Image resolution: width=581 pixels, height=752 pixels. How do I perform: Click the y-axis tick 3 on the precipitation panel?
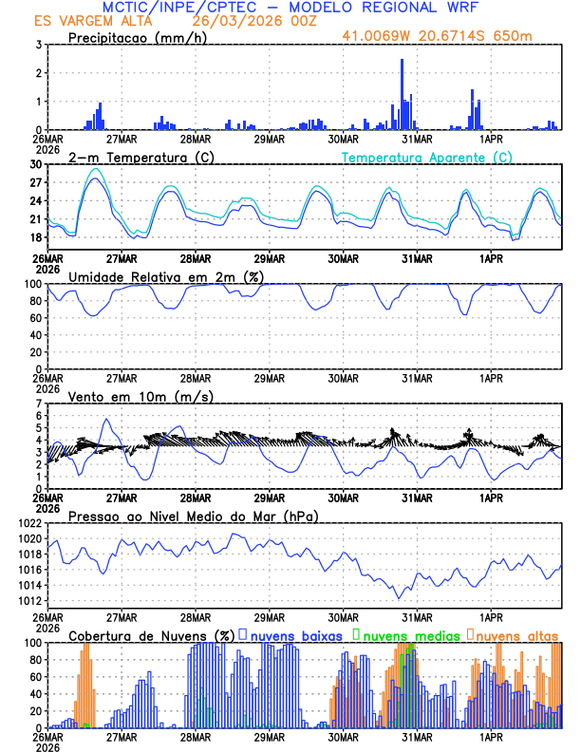[x=39, y=45]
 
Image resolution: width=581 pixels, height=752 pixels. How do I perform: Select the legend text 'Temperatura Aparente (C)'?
[x=426, y=157]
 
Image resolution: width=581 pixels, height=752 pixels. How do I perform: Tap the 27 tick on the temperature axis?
[x=37, y=182]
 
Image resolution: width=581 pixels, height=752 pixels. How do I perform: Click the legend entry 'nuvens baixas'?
[x=295, y=634]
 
